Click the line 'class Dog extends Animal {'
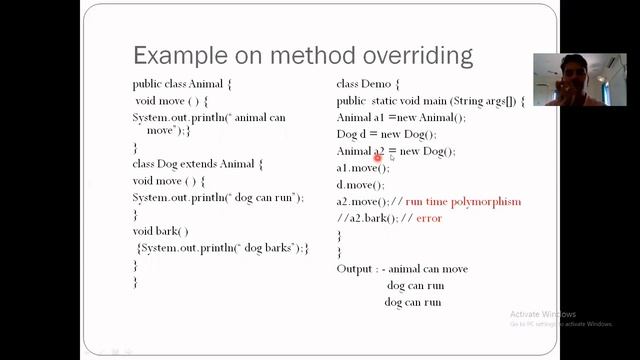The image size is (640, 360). (197, 163)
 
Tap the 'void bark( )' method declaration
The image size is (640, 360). (160, 231)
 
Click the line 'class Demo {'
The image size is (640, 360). (367, 85)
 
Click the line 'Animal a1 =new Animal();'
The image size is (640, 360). (396, 118)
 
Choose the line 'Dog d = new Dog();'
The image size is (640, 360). (386, 134)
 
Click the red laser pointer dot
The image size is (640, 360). (379, 157)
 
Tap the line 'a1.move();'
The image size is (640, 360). (362, 168)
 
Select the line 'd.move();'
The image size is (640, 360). (360, 185)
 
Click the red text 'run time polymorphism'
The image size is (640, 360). (463, 202)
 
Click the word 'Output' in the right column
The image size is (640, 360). (357, 268)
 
